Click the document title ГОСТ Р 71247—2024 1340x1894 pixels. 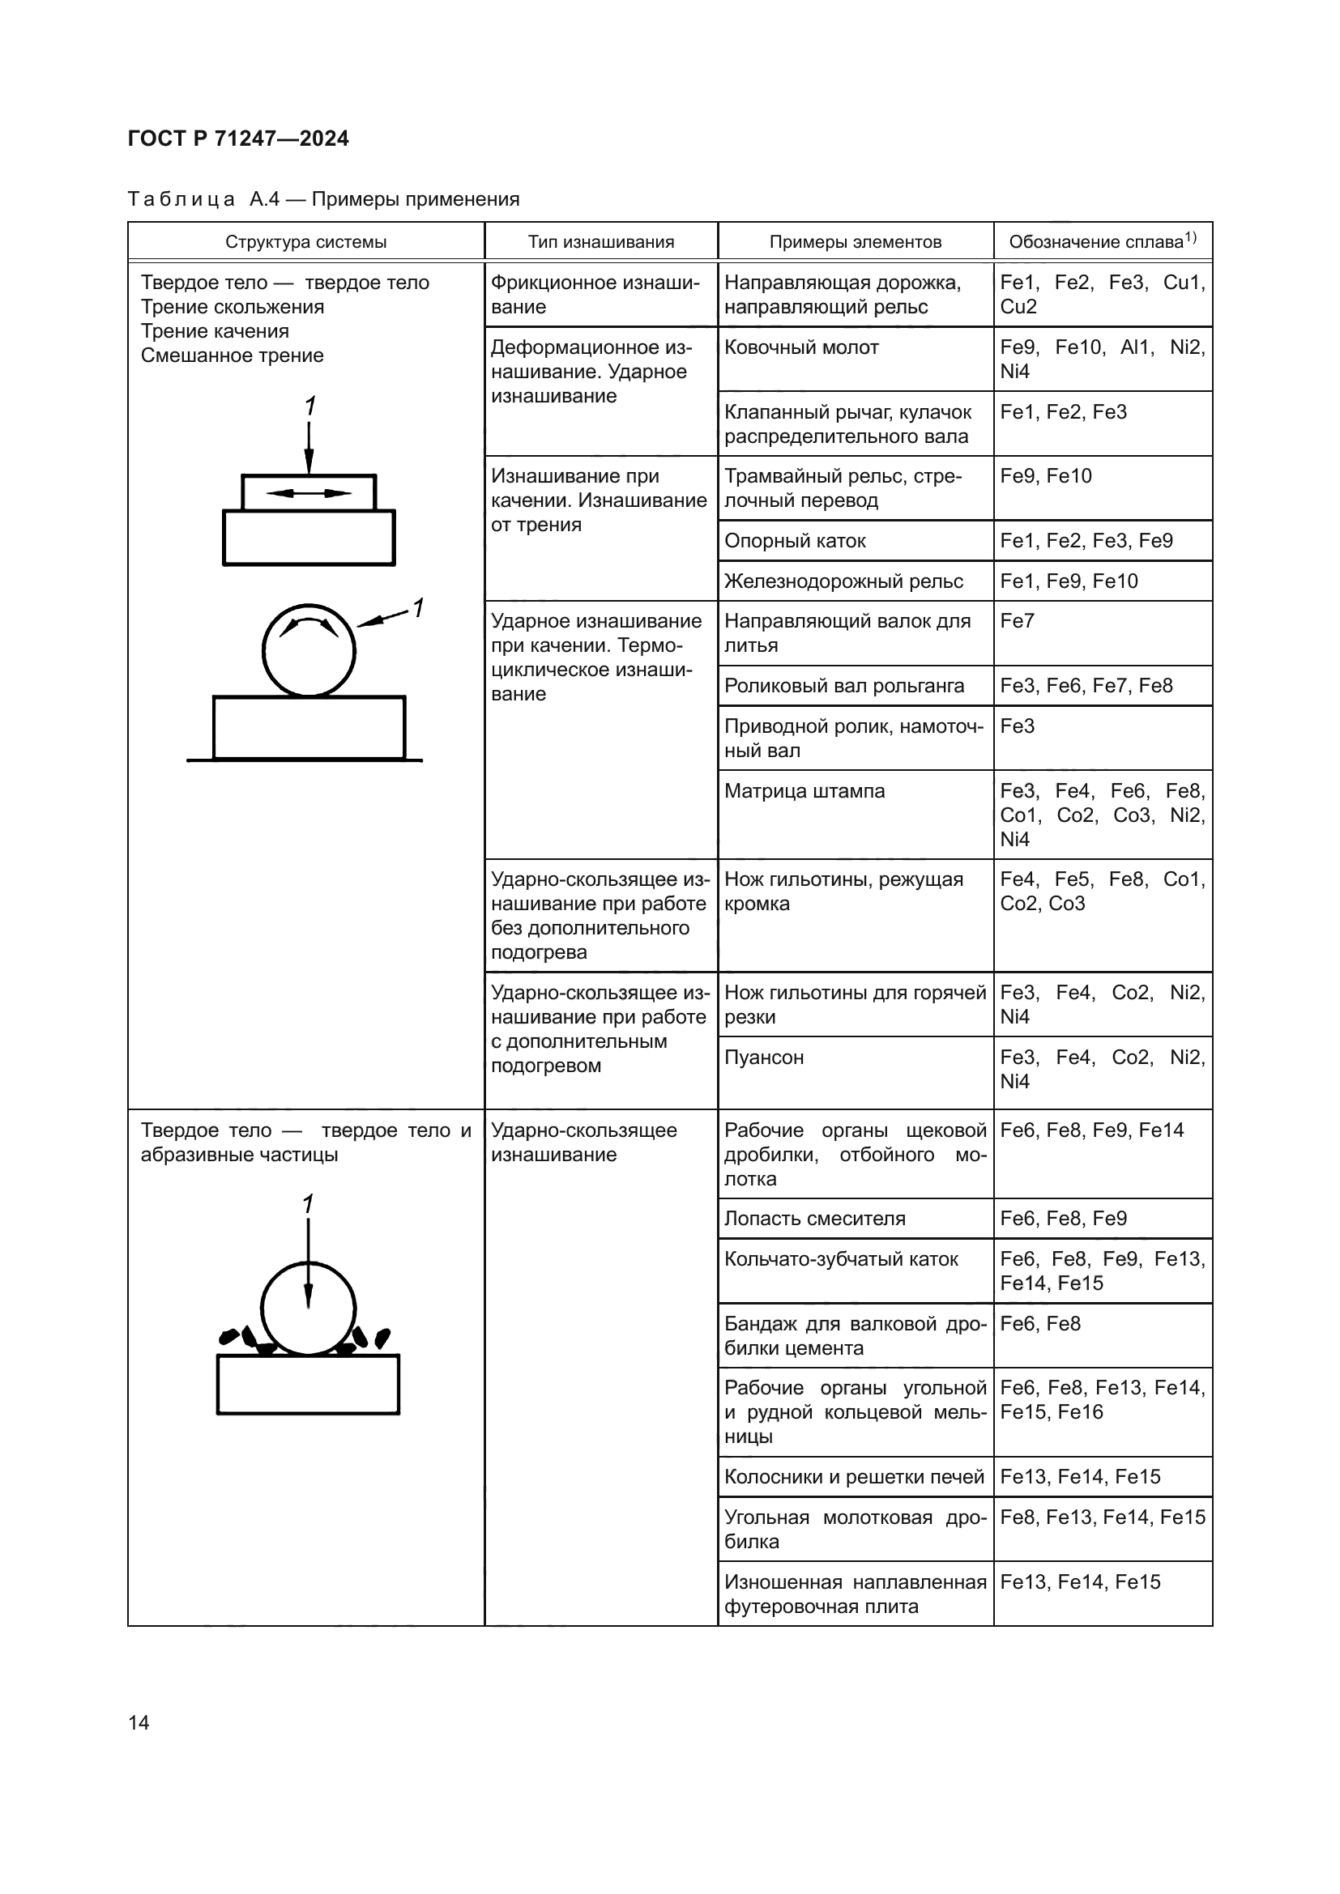(238, 138)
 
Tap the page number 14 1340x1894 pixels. (139, 1722)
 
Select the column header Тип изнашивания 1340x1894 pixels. (600, 241)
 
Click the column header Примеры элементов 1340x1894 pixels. (855, 241)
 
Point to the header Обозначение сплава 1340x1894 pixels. (1102, 241)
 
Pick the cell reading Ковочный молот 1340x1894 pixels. (801, 347)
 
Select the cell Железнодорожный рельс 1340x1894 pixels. (843, 581)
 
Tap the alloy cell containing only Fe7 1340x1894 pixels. (1017, 621)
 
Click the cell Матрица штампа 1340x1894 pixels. (804, 791)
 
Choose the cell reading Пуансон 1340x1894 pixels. (763, 1058)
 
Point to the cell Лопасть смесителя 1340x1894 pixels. (814, 1219)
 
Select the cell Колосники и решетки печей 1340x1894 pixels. (854, 1478)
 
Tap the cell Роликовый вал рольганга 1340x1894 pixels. (844, 687)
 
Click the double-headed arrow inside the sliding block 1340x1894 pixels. (309, 493)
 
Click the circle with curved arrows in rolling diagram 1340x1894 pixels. (309, 651)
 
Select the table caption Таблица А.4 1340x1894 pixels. (322, 200)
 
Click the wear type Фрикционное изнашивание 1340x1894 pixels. (595, 295)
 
